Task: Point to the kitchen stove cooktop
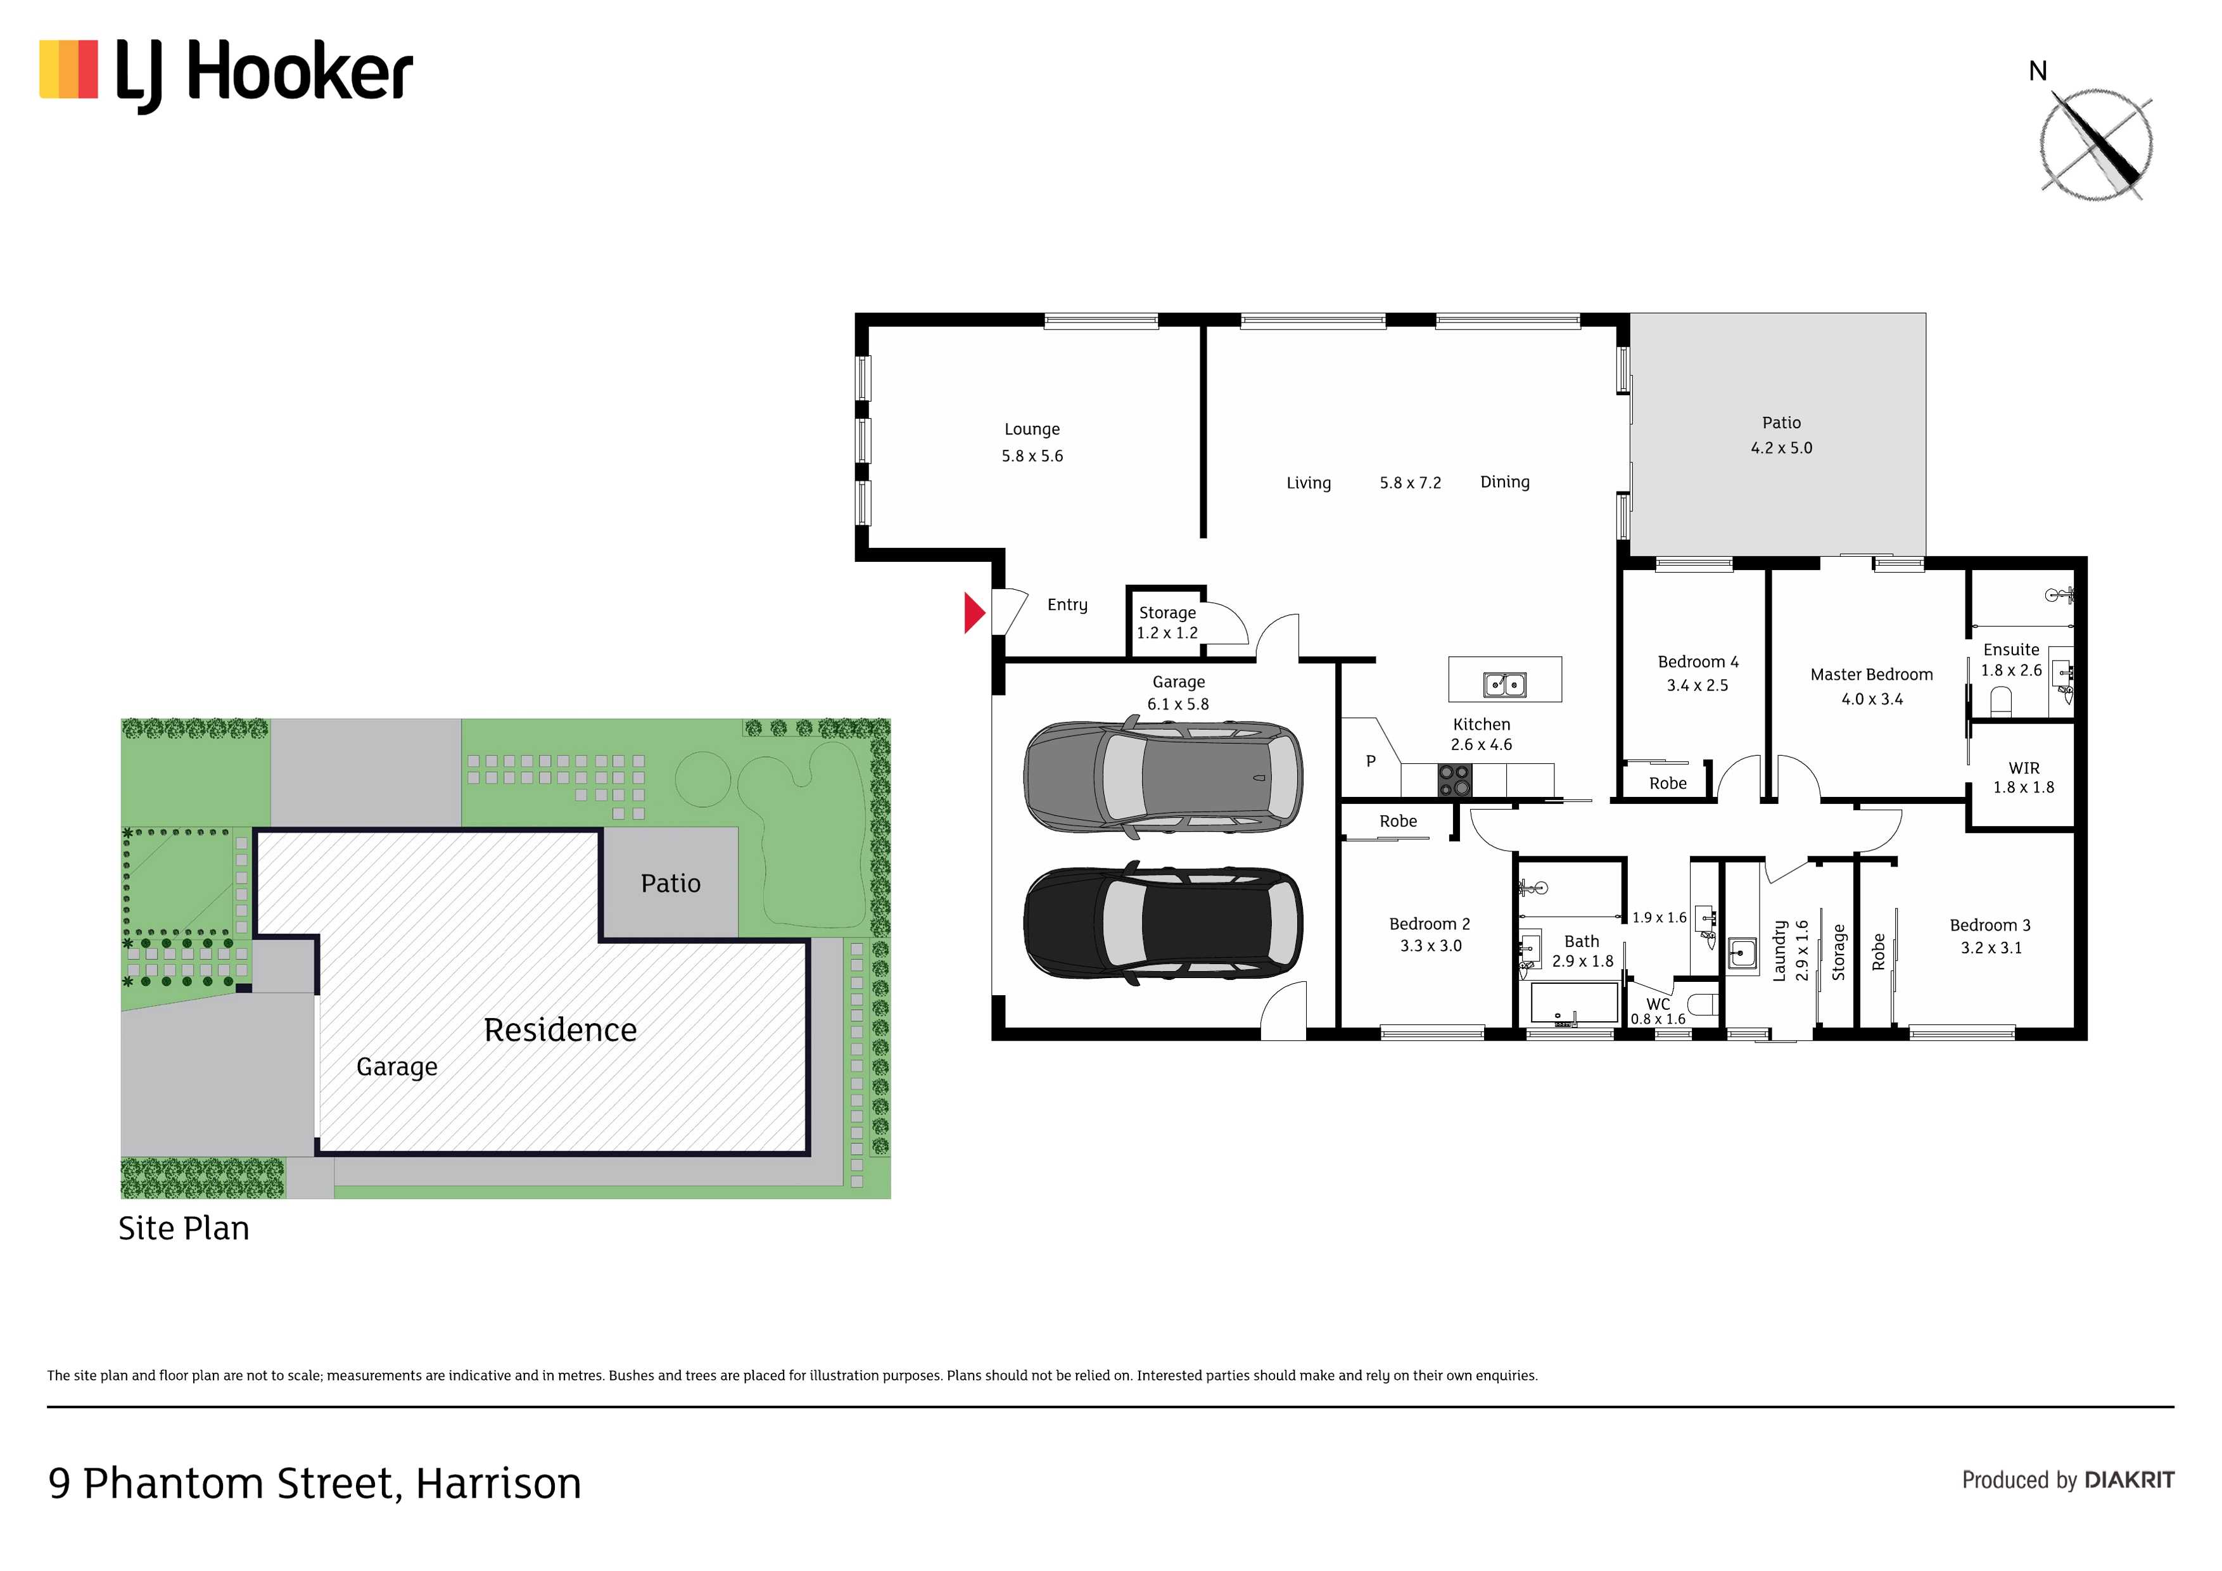coord(1454,780)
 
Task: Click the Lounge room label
coord(1032,429)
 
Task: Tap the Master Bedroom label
coord(1872,675)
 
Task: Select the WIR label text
coord(2024,768)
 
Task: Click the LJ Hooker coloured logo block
coord(68,70)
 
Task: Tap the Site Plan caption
coord(184,1228)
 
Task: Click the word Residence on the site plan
coord(561,1030)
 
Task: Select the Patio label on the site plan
coord(671,883)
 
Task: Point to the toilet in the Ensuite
coord(2000,700)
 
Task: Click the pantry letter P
coord(1370,761)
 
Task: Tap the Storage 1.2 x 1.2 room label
coord(1167,623)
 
